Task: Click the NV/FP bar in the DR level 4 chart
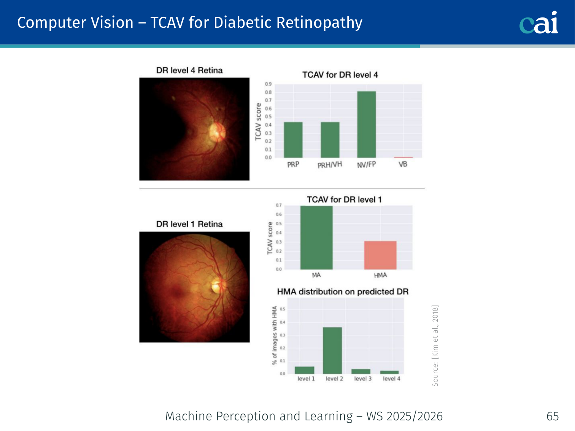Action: click(x=366, y=124)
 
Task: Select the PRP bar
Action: click(x=293, y=139)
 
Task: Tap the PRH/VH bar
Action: click(x=330, y=139)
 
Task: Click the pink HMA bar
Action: click(x=380, y=255)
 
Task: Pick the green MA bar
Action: click(x=316, y=238)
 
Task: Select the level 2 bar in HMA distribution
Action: click(x=332, y=350)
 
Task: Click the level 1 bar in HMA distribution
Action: click(x=305, y=370)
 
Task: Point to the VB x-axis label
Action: click(x=403, y=164)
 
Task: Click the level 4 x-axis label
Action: click(x=391, y=379)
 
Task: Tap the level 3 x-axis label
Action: click(x=363, y=379)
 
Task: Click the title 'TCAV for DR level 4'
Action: click(x=340, y=75)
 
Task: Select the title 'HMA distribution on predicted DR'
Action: click(x=343, y=292)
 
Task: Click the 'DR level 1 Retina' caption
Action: click(x=189, y=224)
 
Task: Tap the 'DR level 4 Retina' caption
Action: click(x=189, y=70)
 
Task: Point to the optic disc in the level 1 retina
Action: click(x=217, y=285)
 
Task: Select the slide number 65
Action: click(x=553, y=416)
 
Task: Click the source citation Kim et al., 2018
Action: click(x=435, y=345)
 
